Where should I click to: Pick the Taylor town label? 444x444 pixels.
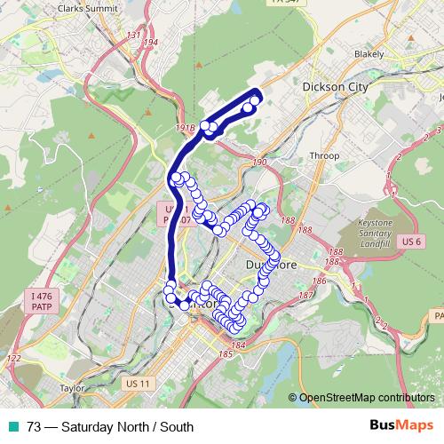71,388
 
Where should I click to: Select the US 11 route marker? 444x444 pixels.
140,383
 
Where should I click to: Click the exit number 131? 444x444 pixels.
134,35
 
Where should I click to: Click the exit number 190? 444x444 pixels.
259,163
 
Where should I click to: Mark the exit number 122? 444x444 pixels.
12,359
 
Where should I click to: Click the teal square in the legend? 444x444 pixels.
13,426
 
